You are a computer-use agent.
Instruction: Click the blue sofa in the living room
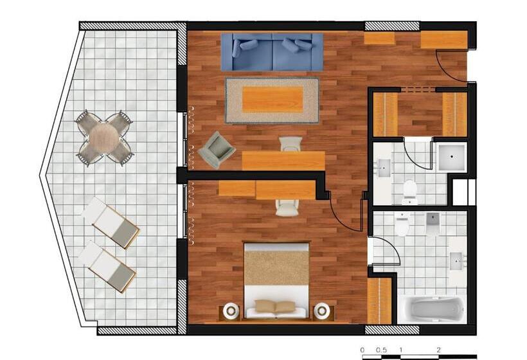point(272,52)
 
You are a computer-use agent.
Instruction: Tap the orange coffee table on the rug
point(272,99)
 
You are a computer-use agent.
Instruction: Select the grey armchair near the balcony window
point(217,150)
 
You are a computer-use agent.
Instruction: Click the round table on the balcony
point(105,138)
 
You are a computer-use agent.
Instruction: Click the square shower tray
point(452,157)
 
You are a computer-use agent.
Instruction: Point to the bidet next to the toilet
point(433,222)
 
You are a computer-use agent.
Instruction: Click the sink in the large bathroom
point(458,260)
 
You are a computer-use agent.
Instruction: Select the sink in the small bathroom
point(384,168)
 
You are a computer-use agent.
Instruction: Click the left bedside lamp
point(231,310)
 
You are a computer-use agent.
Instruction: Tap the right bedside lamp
point(322,310)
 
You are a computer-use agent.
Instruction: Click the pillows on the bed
point(275,306)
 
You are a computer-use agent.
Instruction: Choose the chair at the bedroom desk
point(287,208)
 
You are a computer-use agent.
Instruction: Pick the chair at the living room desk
point(290,143)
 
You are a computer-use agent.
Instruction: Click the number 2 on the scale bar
point(438,350)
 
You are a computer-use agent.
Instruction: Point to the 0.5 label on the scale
point(381,350)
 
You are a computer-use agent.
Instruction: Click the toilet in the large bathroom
point(402,224)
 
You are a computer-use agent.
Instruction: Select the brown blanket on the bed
point(276,267)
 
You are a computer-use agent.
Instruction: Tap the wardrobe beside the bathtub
point(379,300)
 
